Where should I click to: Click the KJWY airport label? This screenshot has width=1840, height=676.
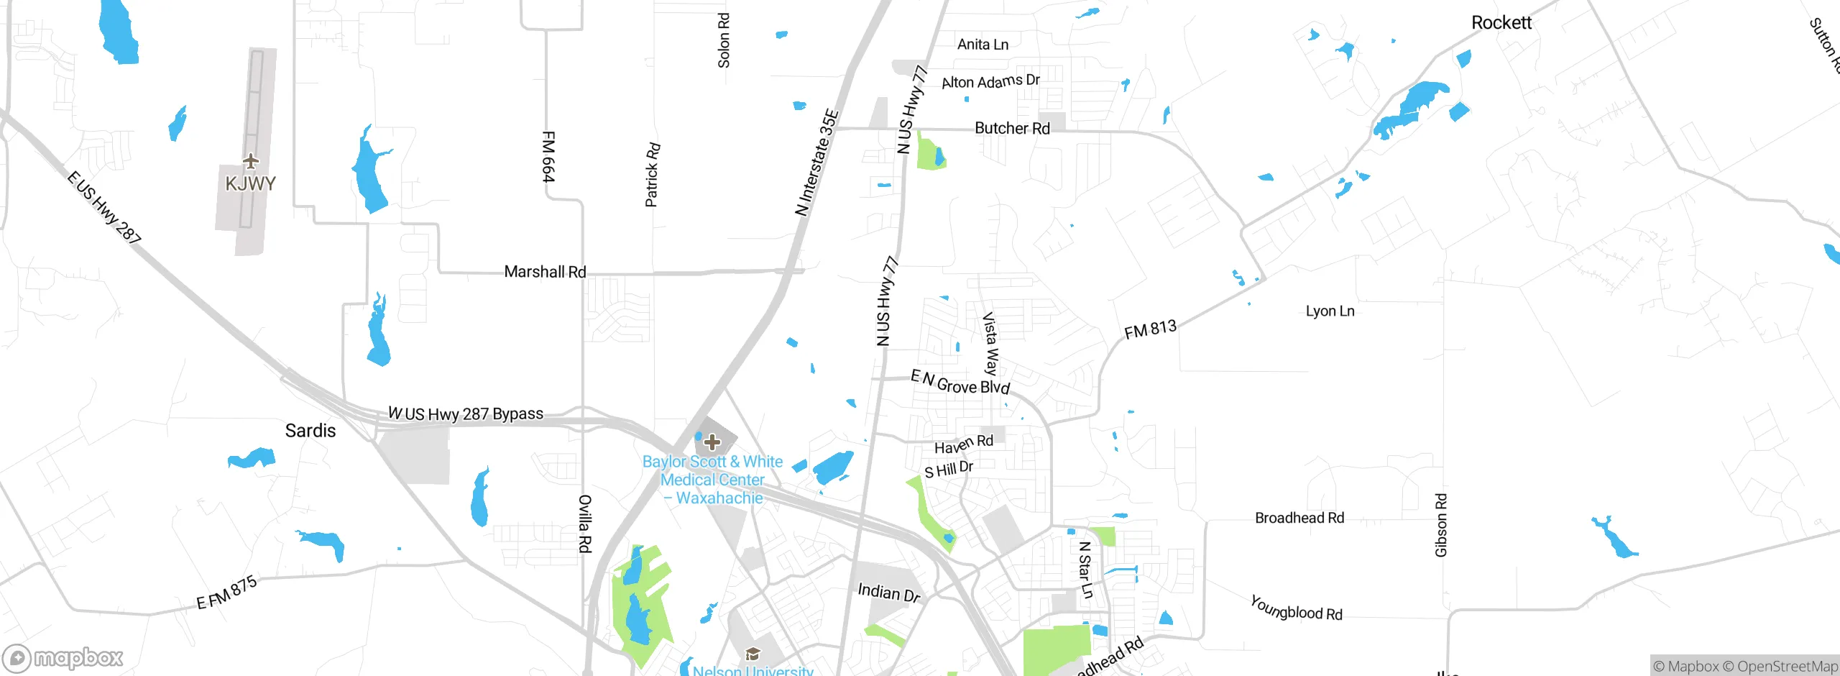(250, 184)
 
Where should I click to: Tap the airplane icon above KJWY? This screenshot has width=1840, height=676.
(250, 160)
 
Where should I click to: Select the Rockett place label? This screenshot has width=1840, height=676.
(1501, 23)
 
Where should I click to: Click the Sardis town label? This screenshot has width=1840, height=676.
(310, 431)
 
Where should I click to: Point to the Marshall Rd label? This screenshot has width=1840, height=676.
(545, 272)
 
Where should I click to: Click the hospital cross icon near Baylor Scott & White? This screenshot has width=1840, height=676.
(712, 442)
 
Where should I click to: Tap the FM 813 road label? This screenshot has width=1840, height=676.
(1150, 329)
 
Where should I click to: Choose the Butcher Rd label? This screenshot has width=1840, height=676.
(1011, 129)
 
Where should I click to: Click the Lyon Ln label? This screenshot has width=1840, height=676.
(1330, 311)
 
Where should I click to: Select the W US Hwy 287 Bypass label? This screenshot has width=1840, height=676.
(466, 414)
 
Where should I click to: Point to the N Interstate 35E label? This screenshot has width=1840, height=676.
(817, 163)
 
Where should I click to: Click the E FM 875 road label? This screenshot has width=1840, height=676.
(226, 593)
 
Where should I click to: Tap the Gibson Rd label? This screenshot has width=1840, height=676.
(1441, 525)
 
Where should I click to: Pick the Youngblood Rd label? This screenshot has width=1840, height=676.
(1296, 608)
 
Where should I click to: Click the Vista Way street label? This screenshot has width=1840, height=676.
(990, 344)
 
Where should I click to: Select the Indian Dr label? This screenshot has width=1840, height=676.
(888, 593)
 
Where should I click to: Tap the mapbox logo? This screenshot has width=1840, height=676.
(63, 658)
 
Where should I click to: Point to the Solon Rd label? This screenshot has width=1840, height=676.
(724, 40)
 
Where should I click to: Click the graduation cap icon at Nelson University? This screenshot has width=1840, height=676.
(753, 654)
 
